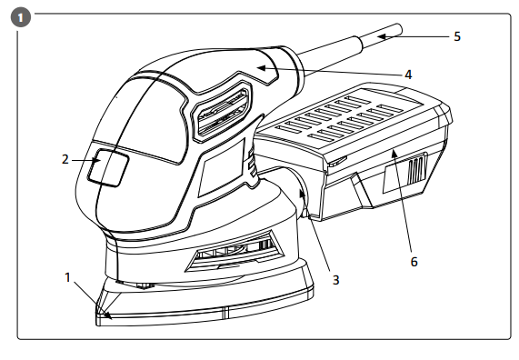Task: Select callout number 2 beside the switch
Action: coord(66,159)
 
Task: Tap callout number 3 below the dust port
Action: coord(335,279)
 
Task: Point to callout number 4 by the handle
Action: coord(408,75)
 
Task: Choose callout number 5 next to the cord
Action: coord(457,36)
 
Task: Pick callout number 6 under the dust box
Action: coord(414,261)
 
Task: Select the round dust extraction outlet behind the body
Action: coord(297,194)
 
